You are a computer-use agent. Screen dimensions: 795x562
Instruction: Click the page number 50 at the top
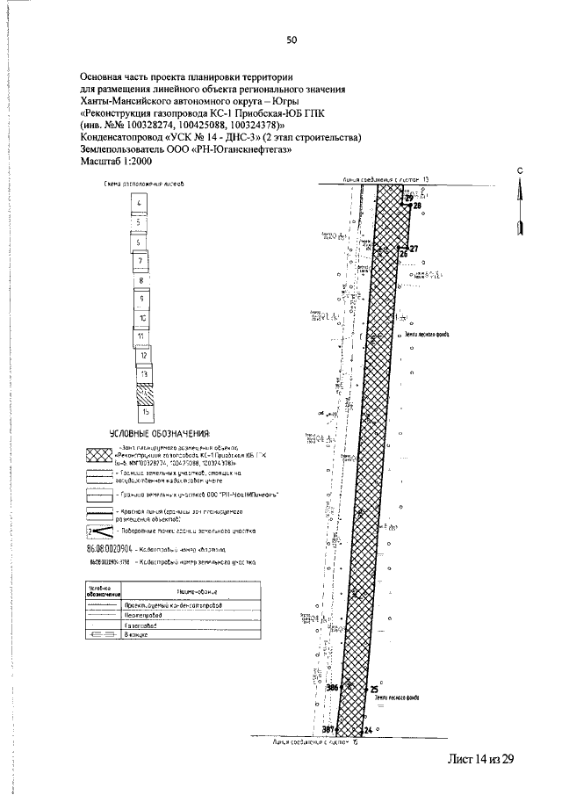coord(292,40)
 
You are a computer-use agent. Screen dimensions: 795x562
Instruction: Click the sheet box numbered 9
coord(140,299)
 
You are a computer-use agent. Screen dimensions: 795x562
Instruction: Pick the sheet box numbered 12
coord(142,357)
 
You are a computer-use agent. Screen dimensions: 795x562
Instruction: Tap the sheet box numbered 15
coord(145,410)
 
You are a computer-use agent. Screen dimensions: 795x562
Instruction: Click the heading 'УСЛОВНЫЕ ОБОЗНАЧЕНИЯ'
coord(160,434)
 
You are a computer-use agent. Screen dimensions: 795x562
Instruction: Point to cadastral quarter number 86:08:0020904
coord(111,545)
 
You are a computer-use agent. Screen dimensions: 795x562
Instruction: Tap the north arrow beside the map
coord(520,204)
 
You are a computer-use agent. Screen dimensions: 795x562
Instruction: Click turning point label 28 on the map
coord(417,206)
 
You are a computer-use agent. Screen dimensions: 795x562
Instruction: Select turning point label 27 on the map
coord(414,249)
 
